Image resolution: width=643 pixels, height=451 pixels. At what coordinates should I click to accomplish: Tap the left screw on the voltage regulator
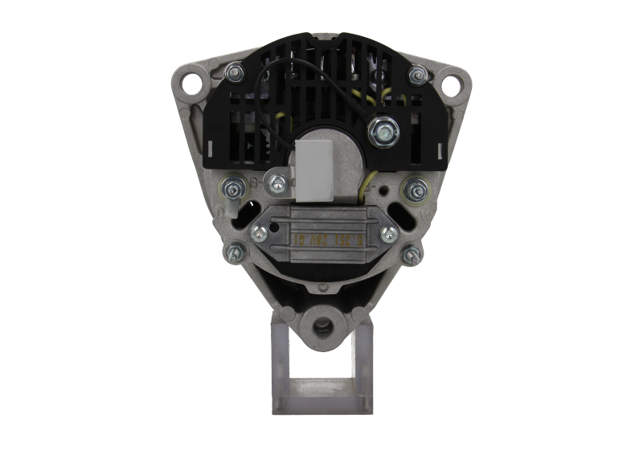click(260, 233)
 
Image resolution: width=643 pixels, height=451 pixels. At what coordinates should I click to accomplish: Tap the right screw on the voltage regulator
click(389, 234)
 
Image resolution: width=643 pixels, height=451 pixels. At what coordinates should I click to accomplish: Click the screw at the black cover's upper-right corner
click(416, 75)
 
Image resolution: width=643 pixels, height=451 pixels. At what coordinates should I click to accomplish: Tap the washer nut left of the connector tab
click(233, 190)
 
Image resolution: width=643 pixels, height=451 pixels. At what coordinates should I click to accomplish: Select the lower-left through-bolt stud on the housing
click(234, 252)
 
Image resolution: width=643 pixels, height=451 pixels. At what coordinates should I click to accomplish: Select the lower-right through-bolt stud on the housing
click(413, 252)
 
